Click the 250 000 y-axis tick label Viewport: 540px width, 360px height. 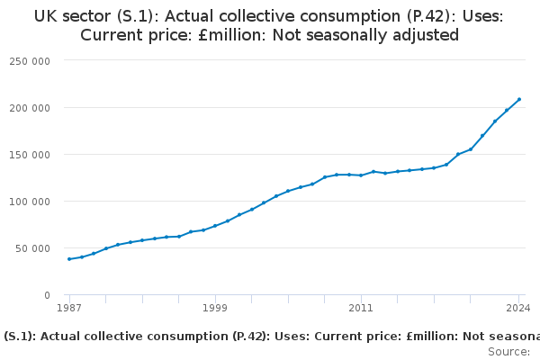pyautogui.click(x=31, y=60)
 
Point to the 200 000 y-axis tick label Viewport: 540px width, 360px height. pyautogui.click(x=31, y=107)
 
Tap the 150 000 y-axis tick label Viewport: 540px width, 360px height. pyautogui.click(x=31, y=154)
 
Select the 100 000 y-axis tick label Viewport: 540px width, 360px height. pyautogui.click(x=31, y=201)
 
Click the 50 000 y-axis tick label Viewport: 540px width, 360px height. pyautogui.click(x=34, y=247)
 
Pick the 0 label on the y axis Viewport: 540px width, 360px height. pyautogui.click(x=47, y=294)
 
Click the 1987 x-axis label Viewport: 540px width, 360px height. pyautogui.click(x=69, y=308)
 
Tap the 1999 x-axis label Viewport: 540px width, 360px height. pyautogui.click(x=215, y=308)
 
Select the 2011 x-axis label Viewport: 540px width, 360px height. pyautogui.click(x=361, y=308)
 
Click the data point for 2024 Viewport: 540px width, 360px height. pyautogui.click(x=519, y=99)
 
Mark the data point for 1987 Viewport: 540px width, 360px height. pyautogui.click(x=69, y=259)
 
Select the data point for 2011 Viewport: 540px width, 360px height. pyautogui.click(x=361, y=175)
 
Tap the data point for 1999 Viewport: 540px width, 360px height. pyautogui.click(x=215, y=226)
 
